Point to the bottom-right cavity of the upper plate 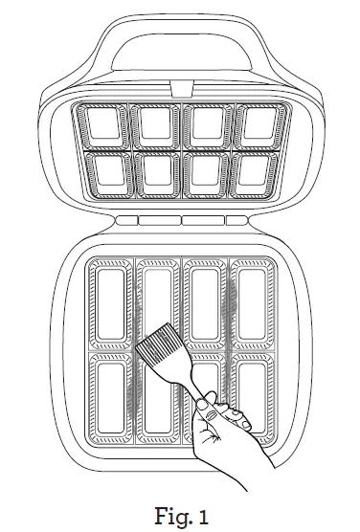[255, 172]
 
